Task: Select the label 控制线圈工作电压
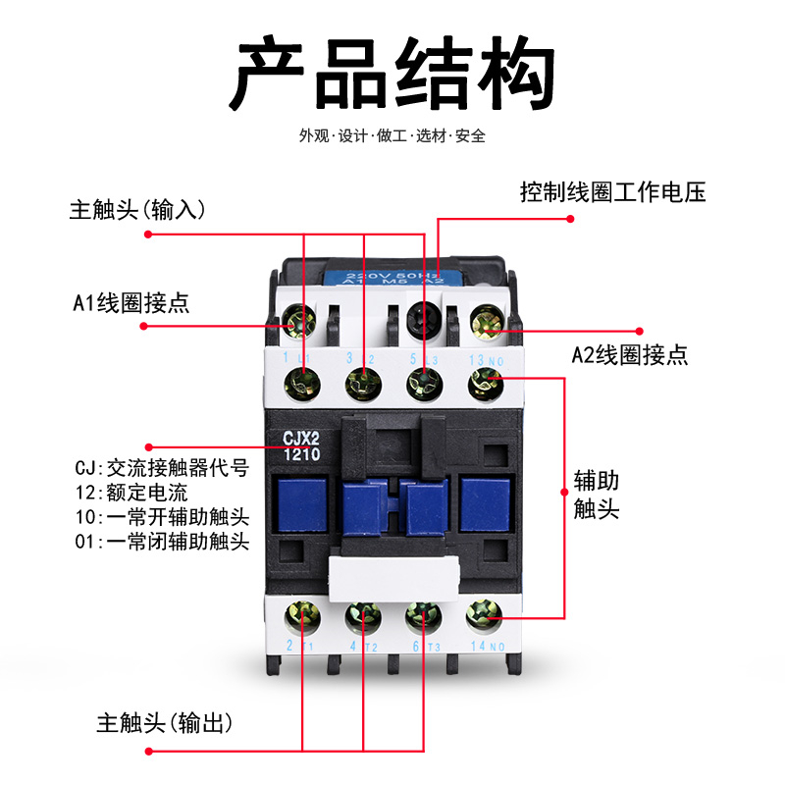(x=613, y=192)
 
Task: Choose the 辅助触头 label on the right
(x=597, y=496)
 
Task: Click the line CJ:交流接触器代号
(x=161, y=468)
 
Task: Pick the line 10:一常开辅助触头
(x=161, y=516)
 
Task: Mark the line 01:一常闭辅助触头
(x=161, y=541)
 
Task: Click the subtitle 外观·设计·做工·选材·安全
(x=392, y=136)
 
